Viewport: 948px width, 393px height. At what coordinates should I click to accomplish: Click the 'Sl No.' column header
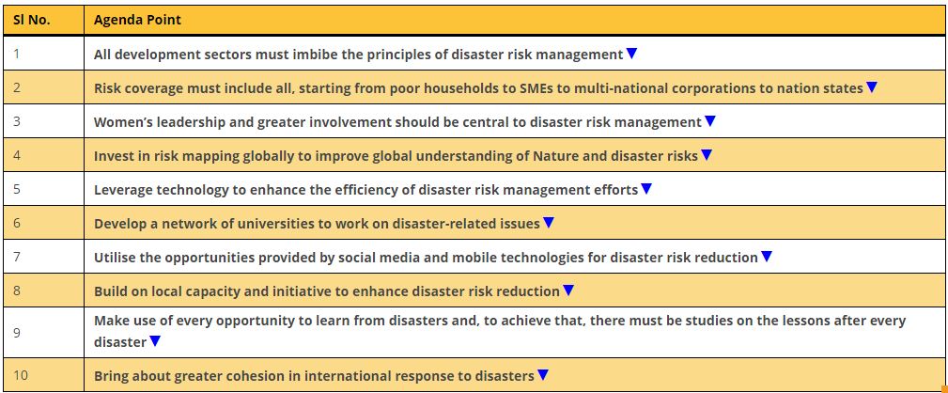(31, 20)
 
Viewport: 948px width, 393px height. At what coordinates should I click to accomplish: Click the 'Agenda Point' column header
(137, 21)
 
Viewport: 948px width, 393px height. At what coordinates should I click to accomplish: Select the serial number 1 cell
(16, 54)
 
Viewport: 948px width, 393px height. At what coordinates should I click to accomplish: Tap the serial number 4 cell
(17, 155)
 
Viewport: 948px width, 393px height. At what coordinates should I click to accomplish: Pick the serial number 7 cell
(17, 257)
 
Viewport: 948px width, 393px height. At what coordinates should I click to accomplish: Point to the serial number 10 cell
(21, 375)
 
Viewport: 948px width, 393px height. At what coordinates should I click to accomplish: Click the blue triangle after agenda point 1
(631, 54)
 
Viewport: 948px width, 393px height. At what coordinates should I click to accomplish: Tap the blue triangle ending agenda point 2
(871, 87)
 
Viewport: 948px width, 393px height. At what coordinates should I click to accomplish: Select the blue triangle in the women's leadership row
(710, 121)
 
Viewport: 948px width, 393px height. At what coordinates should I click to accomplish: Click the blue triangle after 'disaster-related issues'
(549, 223)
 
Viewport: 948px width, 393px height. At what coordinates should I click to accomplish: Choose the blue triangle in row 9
(155, 341)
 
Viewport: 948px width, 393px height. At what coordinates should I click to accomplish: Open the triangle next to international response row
(543, 375)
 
